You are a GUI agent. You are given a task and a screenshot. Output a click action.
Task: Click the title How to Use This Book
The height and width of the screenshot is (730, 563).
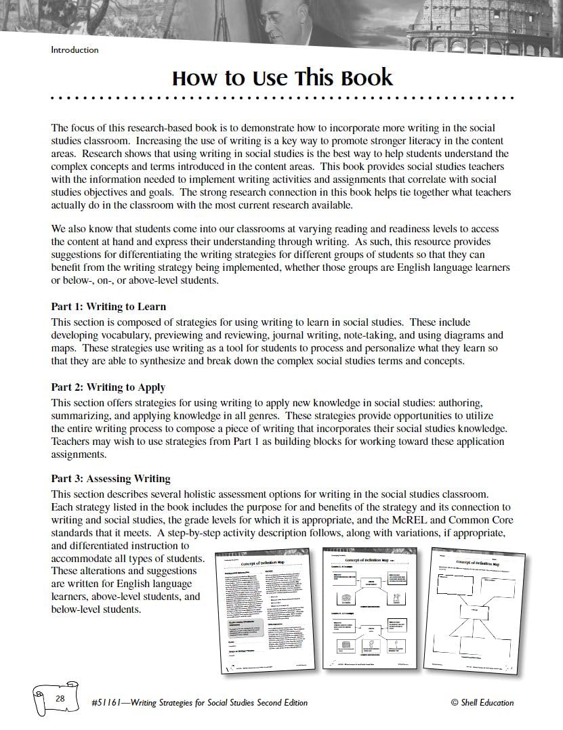pos(282,78)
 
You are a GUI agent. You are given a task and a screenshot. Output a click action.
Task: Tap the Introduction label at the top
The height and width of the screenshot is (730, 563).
pos(75,49)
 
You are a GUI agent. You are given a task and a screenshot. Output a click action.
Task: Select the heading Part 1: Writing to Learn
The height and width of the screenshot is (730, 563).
pos(108,307)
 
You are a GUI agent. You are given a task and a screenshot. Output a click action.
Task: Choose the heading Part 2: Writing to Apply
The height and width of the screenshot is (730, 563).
pos(108,387)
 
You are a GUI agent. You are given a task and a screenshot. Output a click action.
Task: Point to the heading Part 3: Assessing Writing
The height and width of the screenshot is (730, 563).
pos(110,479)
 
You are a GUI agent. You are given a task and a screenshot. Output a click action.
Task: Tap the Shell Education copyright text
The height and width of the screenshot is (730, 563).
pos(482,703)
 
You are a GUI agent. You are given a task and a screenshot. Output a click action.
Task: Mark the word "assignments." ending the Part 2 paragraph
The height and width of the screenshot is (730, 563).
pos(78,454)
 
